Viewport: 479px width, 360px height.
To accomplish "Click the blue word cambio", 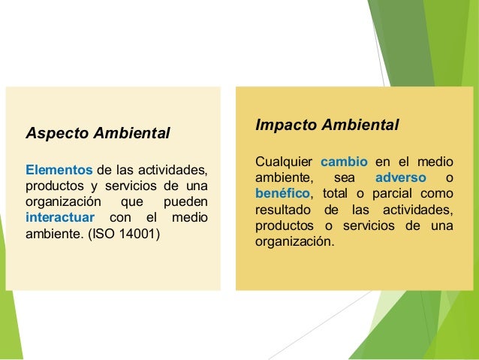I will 344,162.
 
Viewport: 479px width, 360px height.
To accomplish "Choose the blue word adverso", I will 400,178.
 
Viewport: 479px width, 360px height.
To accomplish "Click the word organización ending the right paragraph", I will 292,244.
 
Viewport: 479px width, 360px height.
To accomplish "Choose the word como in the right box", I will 440,194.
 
